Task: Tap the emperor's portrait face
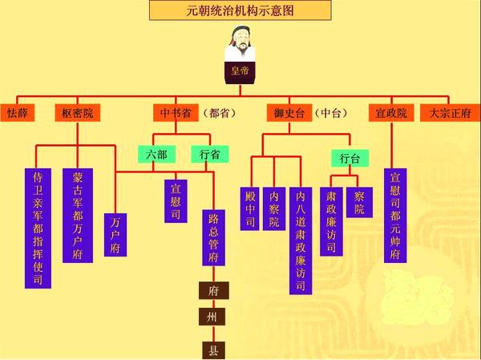point(240,38)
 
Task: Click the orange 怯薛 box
point(18,113)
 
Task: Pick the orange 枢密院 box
point(78,113)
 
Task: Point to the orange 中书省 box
point(176,113)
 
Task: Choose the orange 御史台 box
point(288,113)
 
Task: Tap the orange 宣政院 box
point(390,113)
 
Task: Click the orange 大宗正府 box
point(450,113)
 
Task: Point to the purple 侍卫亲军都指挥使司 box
point(37,228)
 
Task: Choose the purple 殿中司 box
point(250,208)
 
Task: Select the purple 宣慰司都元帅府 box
point(394,215)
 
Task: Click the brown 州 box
point(213,318)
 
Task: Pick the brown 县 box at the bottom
point(213,350)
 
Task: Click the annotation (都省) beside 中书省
point(217,113)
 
